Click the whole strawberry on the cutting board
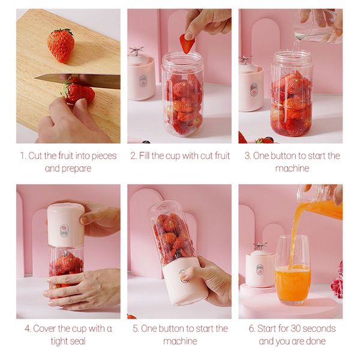click(x=61, y=44)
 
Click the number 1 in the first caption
click(x=23, y=156)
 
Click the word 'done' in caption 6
click(x=314, y=341)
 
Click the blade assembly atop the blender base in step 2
click(x=139, y=53)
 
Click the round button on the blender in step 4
click(x=64, y=229)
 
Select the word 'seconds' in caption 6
click(x=320, y=328)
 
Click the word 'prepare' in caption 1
click(x=76, y=169)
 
